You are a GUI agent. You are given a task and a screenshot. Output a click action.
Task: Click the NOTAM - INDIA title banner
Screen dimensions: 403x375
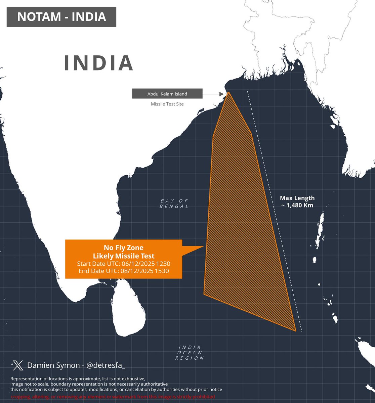click(x=61, y=17)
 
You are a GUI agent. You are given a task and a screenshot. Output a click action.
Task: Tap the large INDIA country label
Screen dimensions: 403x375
click(x=99, y=63)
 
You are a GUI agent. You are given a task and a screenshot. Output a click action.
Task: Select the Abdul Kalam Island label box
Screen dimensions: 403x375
click(x=167, y=94)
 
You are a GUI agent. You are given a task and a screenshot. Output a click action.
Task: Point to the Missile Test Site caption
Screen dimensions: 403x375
click(x=167, y=104)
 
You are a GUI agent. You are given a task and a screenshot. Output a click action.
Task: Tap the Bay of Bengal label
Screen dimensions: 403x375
click(x=174, y=204)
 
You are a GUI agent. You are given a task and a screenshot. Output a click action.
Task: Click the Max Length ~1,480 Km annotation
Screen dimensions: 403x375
click(x=297, y=201)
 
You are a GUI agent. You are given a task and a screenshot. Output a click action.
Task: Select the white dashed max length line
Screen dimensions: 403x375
click(x=275, y=212)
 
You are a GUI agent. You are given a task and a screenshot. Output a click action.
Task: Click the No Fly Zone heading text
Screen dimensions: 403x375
click(x=123, y=248)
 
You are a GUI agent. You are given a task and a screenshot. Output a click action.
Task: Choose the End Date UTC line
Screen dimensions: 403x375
click(x=123, y=271)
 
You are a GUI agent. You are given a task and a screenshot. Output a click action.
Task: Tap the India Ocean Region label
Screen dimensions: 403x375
click(x=190, y=353)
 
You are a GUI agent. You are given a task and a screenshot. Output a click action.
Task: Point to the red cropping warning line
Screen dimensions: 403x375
click(x=113, y=397)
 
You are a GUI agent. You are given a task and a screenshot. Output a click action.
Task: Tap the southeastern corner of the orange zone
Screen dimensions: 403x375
click(x=295, y=330)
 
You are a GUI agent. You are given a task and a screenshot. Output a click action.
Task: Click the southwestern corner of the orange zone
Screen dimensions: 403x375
click(x=204, y=294)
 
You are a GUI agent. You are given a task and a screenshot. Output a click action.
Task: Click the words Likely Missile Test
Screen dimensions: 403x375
click(x=123, y=256)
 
